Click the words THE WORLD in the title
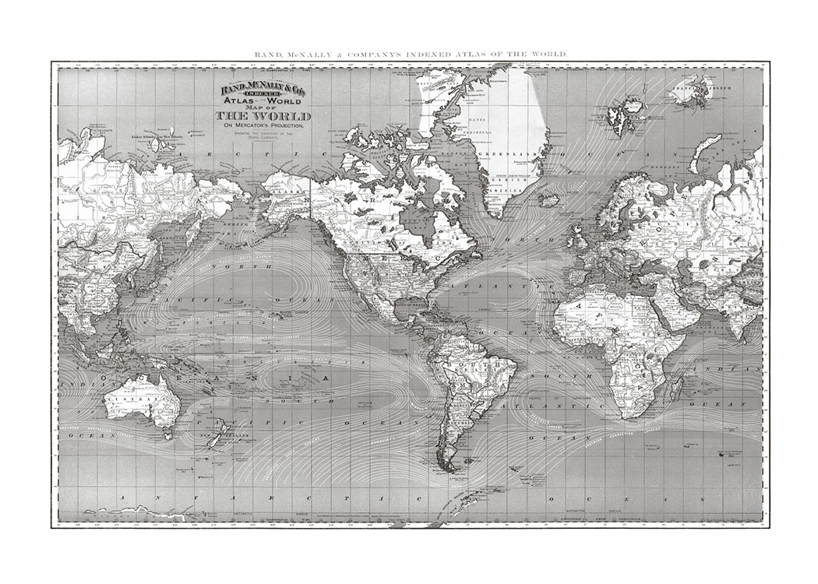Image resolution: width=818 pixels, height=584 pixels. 263,117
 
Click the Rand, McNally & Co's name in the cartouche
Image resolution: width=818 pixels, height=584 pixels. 263,91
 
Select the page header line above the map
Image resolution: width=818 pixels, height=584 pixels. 411,55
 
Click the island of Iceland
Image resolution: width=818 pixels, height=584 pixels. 548,200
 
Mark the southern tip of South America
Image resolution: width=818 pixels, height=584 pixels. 448,468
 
